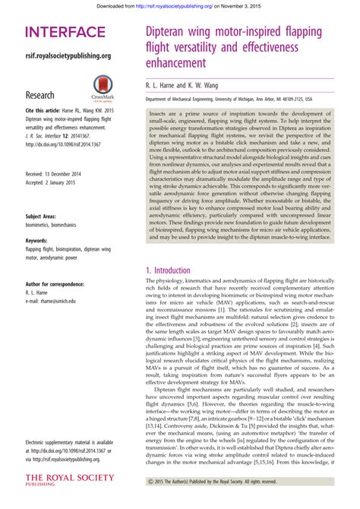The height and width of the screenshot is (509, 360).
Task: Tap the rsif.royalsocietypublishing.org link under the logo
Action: tap(68, 55)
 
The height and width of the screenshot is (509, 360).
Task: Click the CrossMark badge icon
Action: tap(103, 87)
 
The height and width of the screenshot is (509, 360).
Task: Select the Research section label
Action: tap(39, 95)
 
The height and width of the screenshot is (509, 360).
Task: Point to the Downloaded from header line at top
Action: tap(179, 5)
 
